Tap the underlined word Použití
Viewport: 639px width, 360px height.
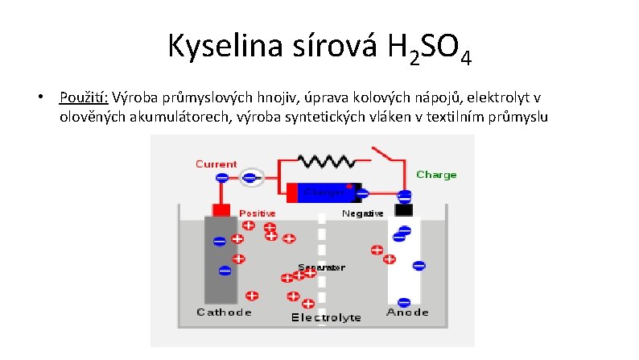tap(84, 98)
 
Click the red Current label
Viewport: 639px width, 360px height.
tap(216, 163)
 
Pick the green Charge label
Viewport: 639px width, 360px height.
tap(436, 174)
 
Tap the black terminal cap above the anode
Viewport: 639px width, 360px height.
tap(402, 209)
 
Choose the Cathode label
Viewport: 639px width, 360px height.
tap(225, 312)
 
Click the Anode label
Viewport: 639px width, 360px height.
tap(407, 312)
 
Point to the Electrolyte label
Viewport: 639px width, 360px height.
tap(325, 317)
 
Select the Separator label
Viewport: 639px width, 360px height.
tap(321, 267)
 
